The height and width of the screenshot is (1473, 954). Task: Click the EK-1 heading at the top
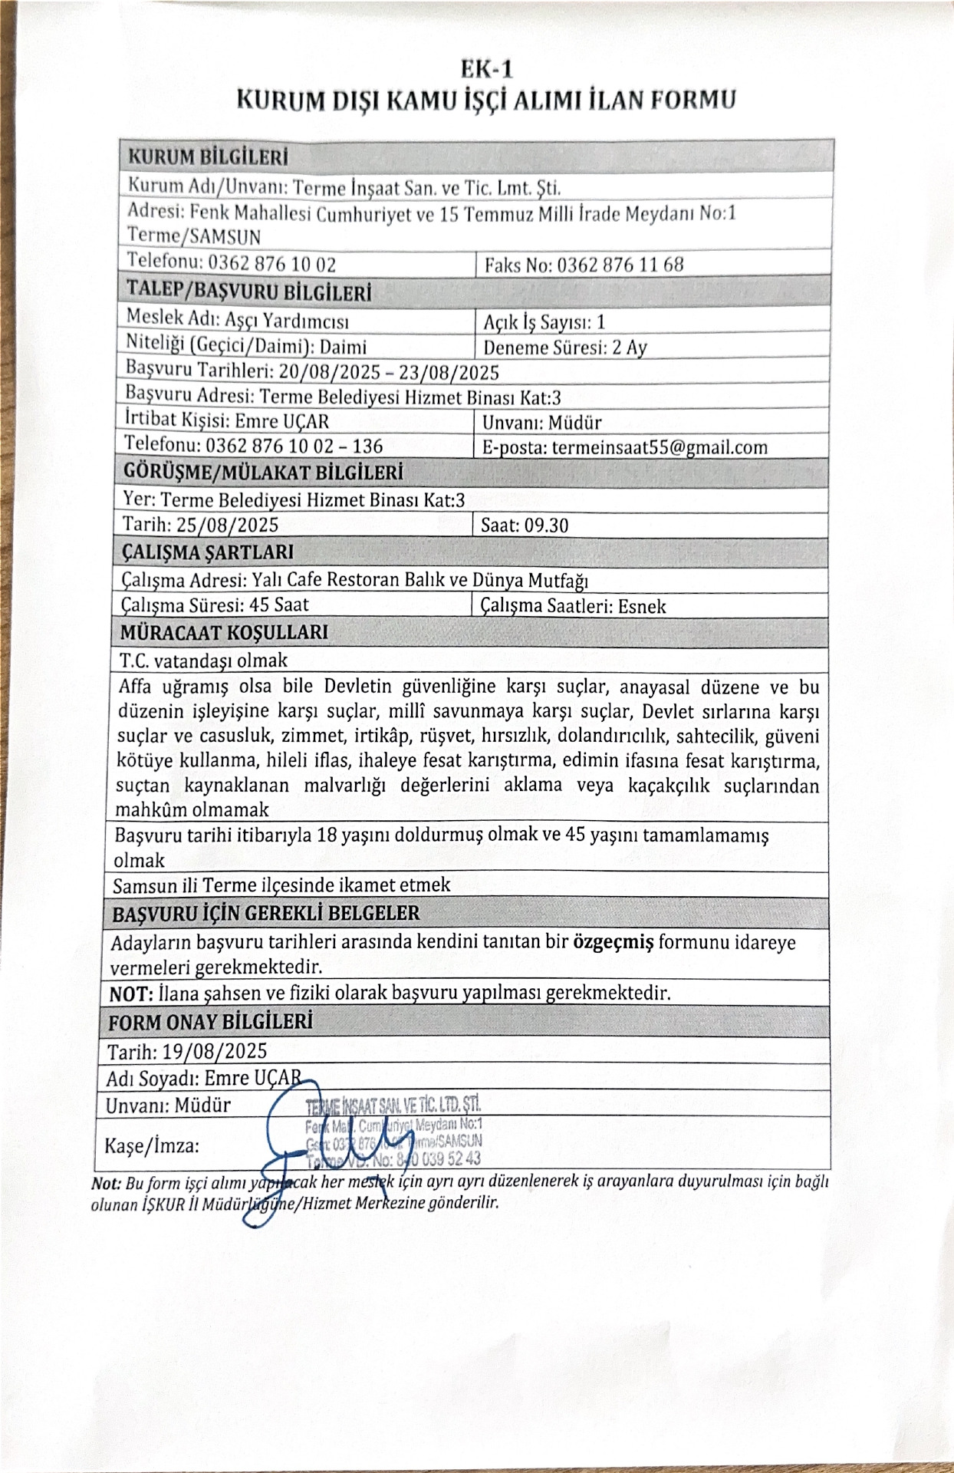tap(485, 70)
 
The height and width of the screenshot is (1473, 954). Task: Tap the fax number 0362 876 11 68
tap(620, 265)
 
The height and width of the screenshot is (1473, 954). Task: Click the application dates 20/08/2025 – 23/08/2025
tap(388, 372)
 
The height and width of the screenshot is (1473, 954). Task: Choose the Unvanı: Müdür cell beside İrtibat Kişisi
tap(542, 423)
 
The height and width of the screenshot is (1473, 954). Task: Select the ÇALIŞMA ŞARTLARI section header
tap(207, 552)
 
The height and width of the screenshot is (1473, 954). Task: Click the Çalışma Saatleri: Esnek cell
tap(573, 606)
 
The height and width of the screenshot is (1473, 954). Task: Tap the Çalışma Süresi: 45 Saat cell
tap(215, 605)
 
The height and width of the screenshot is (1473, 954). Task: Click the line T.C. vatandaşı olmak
tap(203, 660)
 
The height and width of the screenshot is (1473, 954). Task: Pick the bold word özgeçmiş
tap(613, 942)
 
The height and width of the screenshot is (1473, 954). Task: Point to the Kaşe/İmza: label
tap(152, 1146)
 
